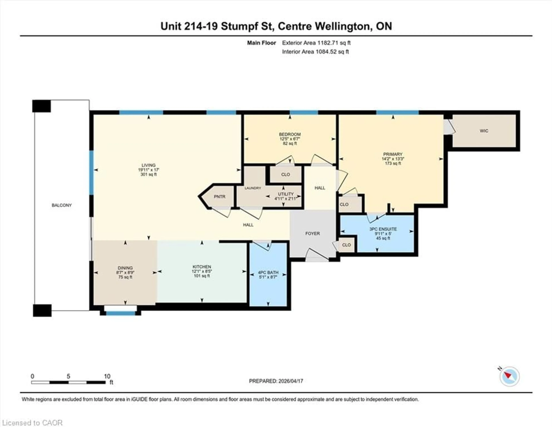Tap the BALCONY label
coord(62,205)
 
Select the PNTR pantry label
coord(219,197)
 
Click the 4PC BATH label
coord(268,273)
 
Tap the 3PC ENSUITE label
coord(383,229)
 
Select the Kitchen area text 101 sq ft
coord(202,276)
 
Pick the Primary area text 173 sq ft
coord(393,163)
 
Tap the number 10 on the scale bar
coord(107,376)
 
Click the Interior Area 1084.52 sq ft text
coord(315,52)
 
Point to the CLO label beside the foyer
coord(346,245)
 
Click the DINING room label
coord(125,268)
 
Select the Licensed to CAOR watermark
coord(32,423)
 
